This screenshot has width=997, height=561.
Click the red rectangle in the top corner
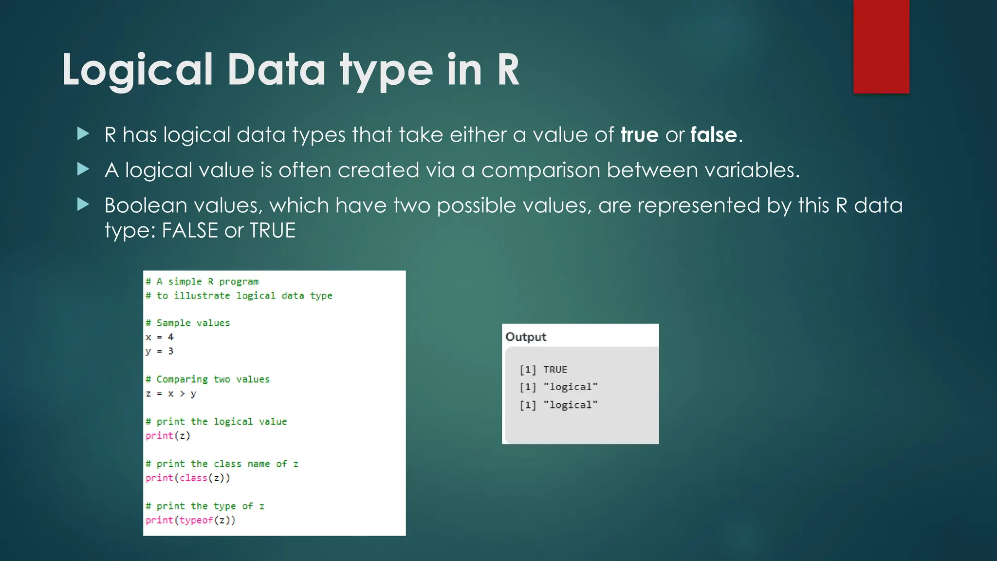(881, 46)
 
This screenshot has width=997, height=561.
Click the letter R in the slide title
(508, 70)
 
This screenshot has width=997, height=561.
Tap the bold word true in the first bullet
(639, 135)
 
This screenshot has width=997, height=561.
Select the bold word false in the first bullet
(713, 135)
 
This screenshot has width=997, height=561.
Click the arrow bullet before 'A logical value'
(83, 169)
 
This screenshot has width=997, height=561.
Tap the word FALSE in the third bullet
(189, 230)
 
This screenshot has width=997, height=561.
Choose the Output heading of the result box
(526, 337)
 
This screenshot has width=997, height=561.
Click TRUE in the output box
(555, 370)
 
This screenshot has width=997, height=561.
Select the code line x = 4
(160, 337)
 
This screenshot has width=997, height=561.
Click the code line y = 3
(160, 351)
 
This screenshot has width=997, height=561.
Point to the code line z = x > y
(171, 393)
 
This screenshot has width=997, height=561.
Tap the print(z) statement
(168, 435)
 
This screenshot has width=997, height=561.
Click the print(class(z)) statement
(188, 478)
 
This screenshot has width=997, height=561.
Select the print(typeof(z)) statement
(190, 520)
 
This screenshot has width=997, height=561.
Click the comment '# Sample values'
(188, 323)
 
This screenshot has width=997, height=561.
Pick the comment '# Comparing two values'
(208, 379)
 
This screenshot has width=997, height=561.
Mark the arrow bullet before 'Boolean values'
(83, 205)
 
